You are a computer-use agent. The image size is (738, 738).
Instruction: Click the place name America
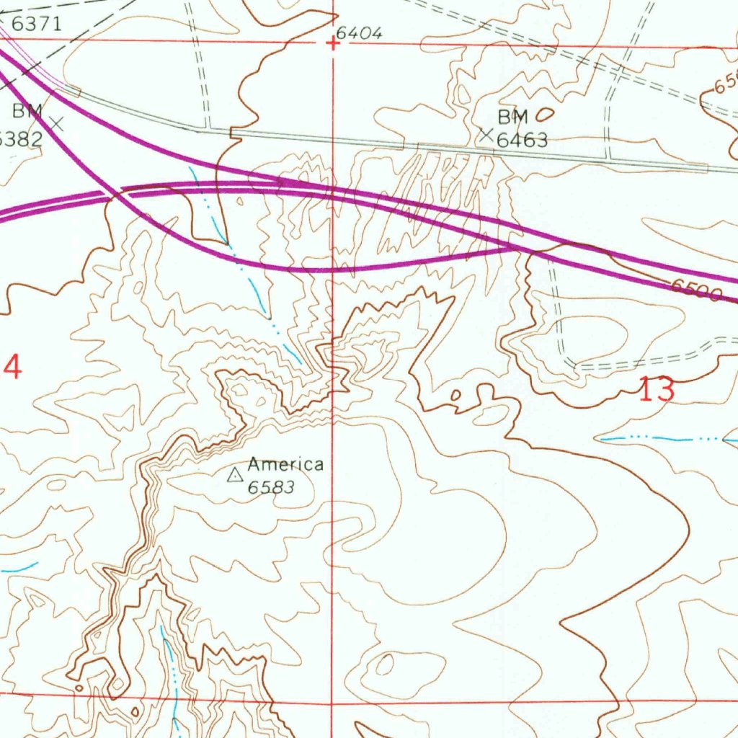[x=285, y=465]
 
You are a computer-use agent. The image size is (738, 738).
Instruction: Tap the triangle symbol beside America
[x=234, y=475]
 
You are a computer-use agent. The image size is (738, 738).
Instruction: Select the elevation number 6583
[x=271, y=487]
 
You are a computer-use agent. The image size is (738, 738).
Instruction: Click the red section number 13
[x=657, y=391]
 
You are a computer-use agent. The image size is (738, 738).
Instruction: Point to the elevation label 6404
[x=358, y=33]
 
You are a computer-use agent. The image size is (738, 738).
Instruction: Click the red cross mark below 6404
[x=333, y=44]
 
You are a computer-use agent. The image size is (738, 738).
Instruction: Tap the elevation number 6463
[x=522, y=139]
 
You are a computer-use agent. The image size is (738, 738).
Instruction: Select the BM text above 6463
[x=512, y=117]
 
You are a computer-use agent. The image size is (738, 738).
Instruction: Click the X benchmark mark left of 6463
[x=487, y=134]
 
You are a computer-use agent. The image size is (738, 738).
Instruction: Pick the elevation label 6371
[x=36, y=23]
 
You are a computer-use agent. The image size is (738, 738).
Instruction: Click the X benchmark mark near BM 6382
[x=57, y=124]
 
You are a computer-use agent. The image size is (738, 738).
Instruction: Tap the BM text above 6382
[x=27, y=111]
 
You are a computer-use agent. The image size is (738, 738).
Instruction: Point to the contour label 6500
[x=696, y=290]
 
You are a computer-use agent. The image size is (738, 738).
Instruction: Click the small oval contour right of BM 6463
[x=546, y=113]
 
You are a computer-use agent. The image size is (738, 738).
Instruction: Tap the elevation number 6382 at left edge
[x=20, y=138]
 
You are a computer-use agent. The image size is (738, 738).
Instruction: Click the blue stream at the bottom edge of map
[x=173, y=692]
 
